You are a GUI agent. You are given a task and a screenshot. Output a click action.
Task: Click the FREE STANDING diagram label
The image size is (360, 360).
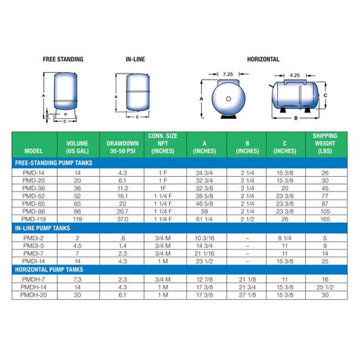pos(64,59)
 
